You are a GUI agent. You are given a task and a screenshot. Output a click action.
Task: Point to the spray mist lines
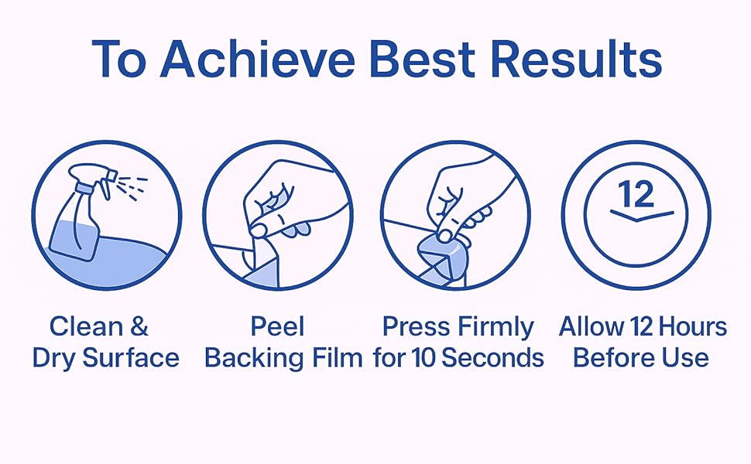click(132, 187)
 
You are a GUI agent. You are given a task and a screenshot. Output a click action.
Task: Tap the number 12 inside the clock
click(636, 194)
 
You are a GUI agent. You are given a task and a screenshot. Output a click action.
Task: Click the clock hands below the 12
click(642, 215)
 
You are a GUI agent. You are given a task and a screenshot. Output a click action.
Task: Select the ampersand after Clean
click(139, 326)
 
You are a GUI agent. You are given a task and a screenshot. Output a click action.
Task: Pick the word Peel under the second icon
click(278, 326)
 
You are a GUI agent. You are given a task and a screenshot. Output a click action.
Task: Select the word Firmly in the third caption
click(496, 328)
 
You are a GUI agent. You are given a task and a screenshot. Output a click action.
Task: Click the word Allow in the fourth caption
click(592, 326)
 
